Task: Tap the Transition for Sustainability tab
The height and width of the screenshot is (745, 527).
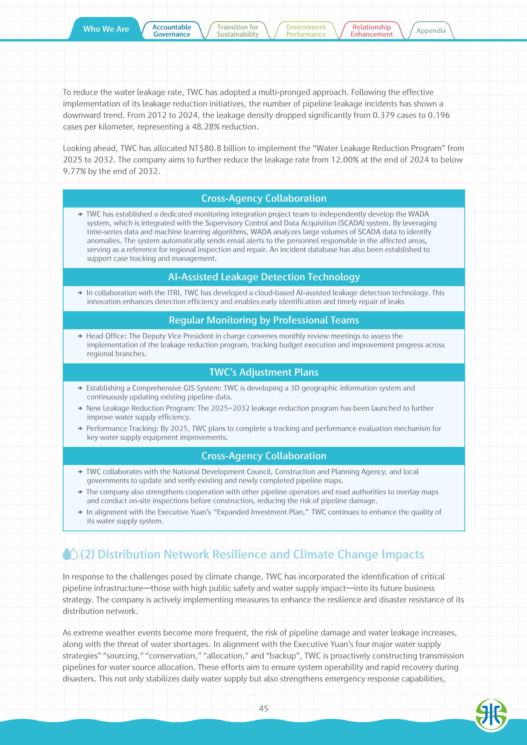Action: pos(238,31)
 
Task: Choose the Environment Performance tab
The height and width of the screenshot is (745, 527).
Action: pos(306,31)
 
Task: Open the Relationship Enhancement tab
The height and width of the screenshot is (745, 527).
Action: pos(371,31)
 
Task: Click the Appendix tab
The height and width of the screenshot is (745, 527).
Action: pos(431,31)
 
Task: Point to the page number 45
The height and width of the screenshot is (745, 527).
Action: pos(263,708)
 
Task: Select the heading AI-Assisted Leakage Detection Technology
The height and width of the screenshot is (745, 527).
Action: pos(264,277)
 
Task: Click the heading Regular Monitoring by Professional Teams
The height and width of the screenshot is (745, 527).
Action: pos(264,320)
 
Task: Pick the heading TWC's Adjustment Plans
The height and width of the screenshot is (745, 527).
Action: pos(264,372)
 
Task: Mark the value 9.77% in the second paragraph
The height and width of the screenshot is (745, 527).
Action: pos(74,171)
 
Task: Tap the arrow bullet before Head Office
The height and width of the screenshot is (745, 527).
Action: pos(80,336)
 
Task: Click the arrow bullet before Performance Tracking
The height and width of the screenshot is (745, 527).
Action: pos(80,429)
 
